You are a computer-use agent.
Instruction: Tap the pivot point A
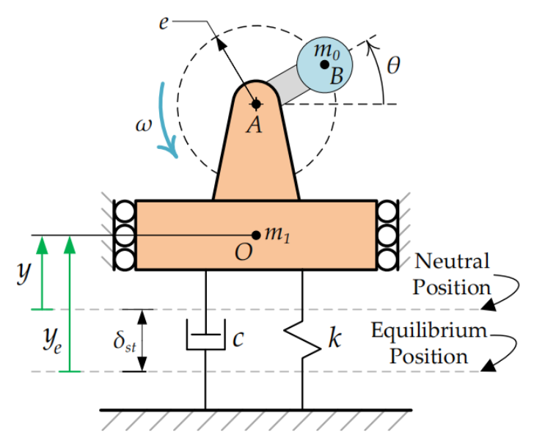click(256, 103)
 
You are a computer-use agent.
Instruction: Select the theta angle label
click(393, 66)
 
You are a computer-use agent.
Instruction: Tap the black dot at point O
click(256, 235)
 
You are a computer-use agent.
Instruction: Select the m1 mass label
click(277, 234)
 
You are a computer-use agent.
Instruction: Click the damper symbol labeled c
click(205, 340)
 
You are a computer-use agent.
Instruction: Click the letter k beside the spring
click(334, 340)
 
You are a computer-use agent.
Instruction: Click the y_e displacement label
click(51, 340)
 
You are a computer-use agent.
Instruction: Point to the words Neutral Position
click(450, 274)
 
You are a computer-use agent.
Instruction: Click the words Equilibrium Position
click(428, 343)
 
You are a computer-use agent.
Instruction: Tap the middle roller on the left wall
click(124, 236)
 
